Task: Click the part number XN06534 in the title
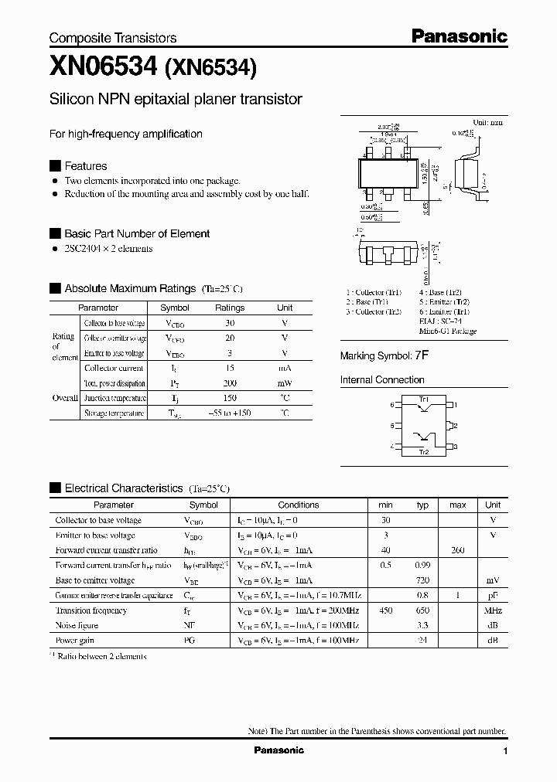pos(103,67)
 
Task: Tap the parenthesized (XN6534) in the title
pos(208,69)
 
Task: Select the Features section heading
pos(85,166)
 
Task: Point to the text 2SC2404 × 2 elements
pos(108,249)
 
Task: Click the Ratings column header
pos(229,308)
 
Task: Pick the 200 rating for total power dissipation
pos(229,383)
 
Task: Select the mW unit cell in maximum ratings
pos(285,383)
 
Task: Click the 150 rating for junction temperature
pos(229,398)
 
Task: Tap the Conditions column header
pos(298,505)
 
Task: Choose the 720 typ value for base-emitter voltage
pos(422,580)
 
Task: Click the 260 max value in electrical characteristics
pos(457,550)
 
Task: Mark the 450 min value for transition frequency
pos(385,610)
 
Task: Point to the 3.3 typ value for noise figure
pos(422,625)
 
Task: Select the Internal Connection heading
pos(382,380)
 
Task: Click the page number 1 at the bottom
pos(505,751)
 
